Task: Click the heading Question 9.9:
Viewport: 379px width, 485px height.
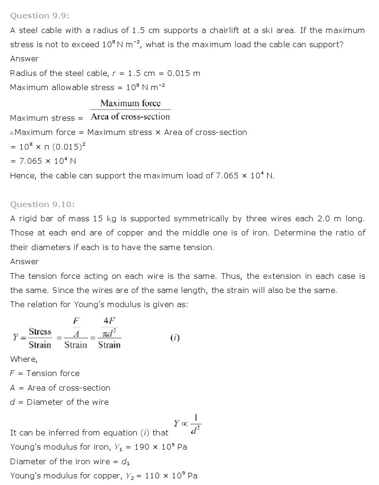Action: click(40, 16)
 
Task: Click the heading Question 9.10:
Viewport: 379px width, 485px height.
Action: click(42, 204)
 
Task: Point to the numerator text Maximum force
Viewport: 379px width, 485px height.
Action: click(130, 103)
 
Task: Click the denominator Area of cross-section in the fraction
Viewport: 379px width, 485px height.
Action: click(130, 117)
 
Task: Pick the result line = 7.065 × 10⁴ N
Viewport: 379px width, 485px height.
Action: click(43, 161)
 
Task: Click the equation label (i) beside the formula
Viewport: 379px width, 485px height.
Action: click(175, 338)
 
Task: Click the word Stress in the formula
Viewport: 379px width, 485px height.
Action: click(40, 332)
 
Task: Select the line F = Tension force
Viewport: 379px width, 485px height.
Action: click(45, 373)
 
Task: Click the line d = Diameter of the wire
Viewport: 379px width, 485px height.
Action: click(59, 402)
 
